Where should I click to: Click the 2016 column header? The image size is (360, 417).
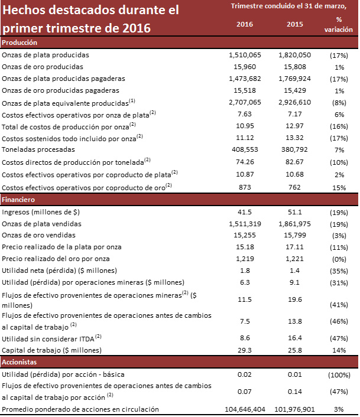(245, 24)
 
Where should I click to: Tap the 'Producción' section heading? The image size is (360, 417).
(20, 43)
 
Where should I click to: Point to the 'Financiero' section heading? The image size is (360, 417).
(20, 200)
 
